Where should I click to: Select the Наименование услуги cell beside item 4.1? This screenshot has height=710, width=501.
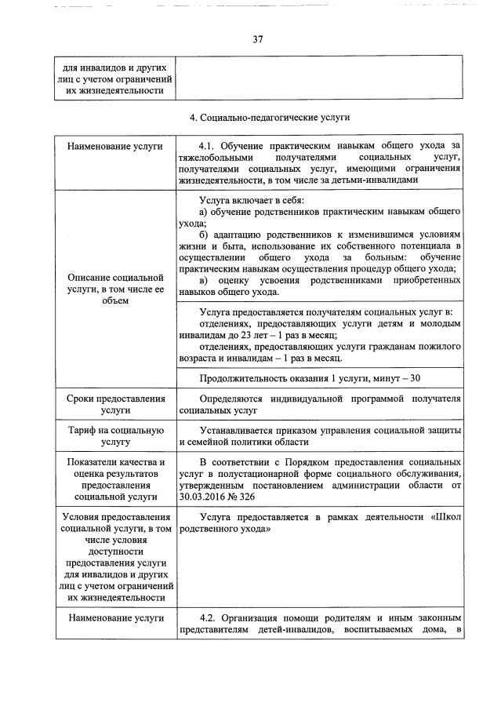(x=114, y=147)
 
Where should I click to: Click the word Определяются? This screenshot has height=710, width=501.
(x=237, y=399)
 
